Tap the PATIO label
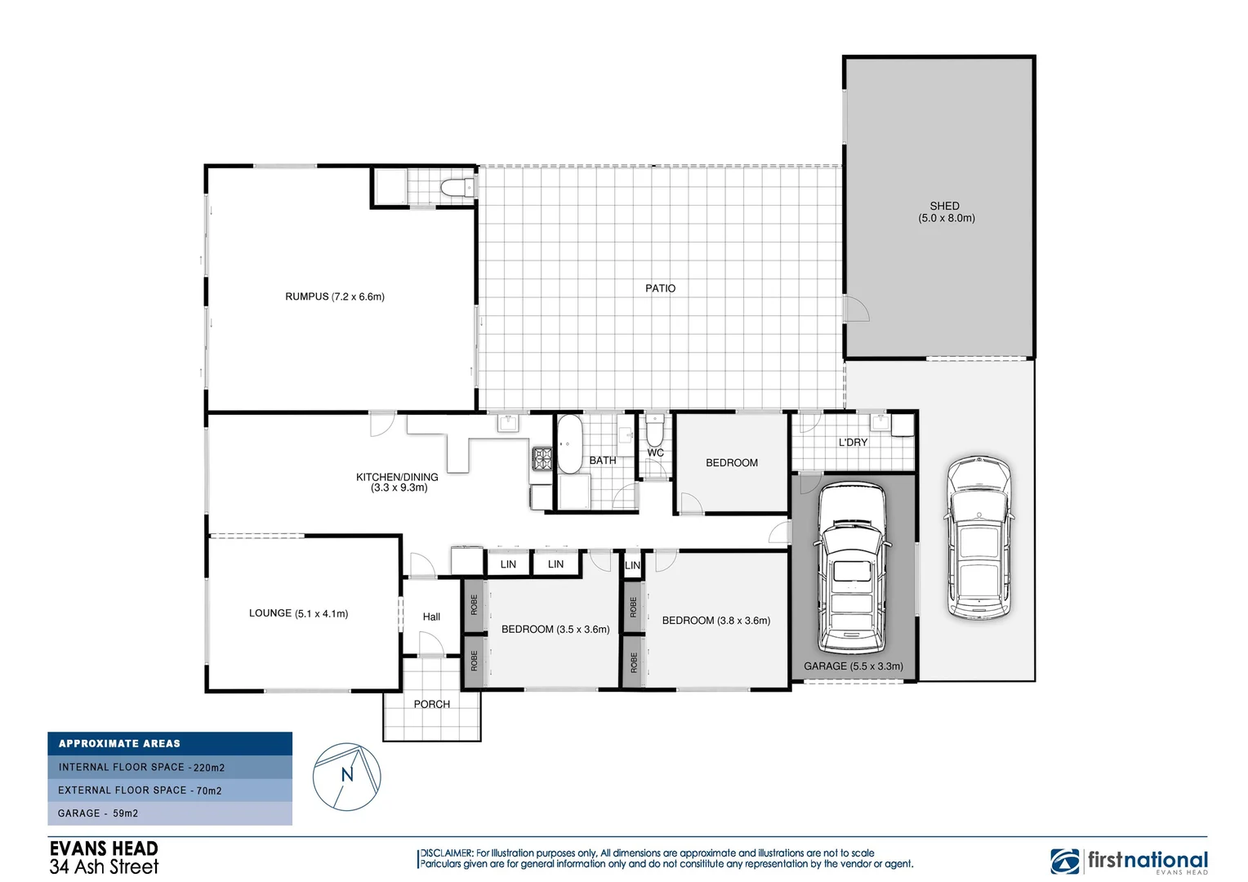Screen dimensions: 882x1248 [x=660, y=288]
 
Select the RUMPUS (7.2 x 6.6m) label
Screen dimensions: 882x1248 [x=334, y=296]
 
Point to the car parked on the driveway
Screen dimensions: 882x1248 [x=978, y=537]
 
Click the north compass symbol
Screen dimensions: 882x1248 [x=347, y=776]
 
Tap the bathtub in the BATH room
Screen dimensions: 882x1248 [x=568, y=443]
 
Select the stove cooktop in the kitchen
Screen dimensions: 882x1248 [x=542, y=458]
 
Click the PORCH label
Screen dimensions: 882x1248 [x=431, y=704]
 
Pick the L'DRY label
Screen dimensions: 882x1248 [x=853, y=442]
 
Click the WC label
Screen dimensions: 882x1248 [x=655, y=452]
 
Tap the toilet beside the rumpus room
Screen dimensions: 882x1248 [x=456, y=189]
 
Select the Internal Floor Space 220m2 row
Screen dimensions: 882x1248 [x=170, y=767]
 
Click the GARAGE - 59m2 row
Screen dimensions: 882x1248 [x=170, y=813]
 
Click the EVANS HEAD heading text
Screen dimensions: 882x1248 [x=104, y=849]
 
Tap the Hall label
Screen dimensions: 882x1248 [x=431, y=617]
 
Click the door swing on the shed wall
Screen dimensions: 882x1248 [x=856, y=309]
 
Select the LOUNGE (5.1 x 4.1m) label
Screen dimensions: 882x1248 [x=298, y=613]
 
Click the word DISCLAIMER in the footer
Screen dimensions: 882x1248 [x=446, y=853]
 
